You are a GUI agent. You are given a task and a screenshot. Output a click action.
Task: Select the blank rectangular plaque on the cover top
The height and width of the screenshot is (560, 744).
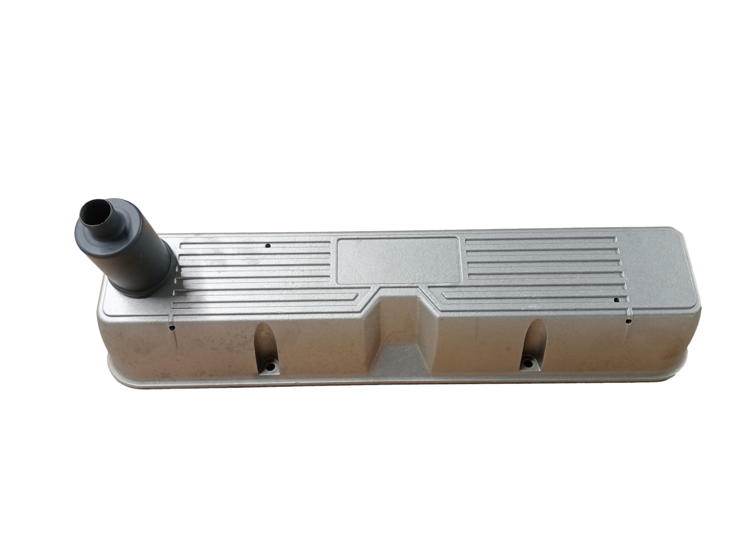point(398,260)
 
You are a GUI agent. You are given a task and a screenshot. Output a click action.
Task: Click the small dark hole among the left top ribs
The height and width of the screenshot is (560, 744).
point(267,246)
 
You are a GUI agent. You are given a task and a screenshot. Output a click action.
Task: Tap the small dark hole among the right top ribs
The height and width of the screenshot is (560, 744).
point(617,300)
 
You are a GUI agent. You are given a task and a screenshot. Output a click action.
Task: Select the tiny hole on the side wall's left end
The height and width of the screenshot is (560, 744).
point(172,328)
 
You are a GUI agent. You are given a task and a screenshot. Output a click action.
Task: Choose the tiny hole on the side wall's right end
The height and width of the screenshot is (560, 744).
point(628,321)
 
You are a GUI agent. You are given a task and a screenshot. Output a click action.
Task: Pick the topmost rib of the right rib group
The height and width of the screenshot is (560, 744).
point(539,240)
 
